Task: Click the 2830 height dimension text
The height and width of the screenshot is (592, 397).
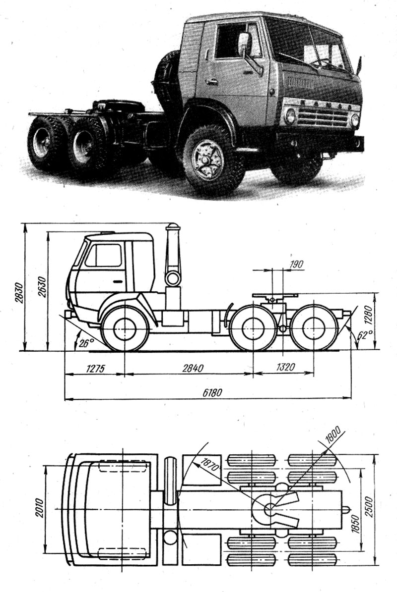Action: tap(18, 293)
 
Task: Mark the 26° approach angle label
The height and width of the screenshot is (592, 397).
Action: tap(85, 342)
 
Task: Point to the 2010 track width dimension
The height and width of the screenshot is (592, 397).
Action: tap(40, 509)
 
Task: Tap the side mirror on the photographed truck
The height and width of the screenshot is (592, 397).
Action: tap(243, 45)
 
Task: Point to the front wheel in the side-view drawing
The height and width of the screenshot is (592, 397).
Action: tap(124, 327)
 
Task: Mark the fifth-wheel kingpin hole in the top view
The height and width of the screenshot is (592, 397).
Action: tap(268, 509)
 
